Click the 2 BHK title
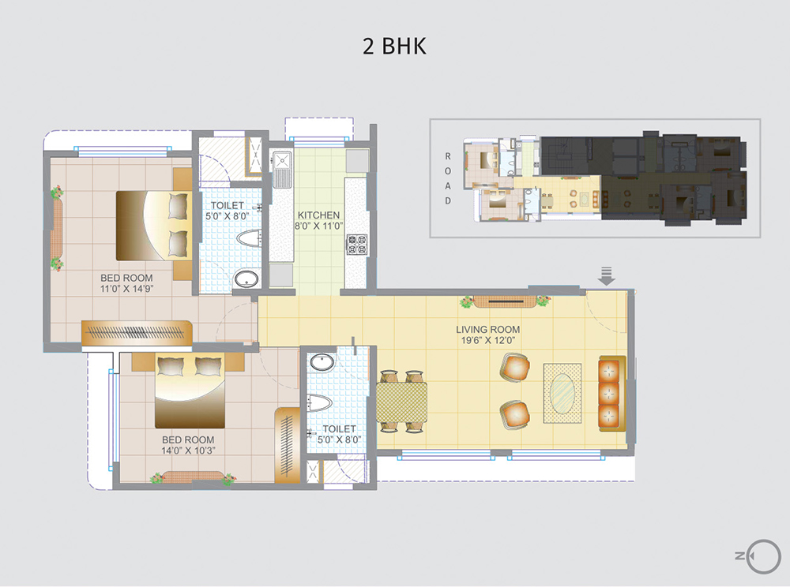click(x=394, y=46)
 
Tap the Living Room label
click(x=487, y=329)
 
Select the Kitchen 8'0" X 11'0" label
click(x=318, y=220)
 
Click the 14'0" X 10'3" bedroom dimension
click(x=188, y=451)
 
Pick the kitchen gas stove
click(x=355, y=244)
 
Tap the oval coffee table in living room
click(x=562, y=392)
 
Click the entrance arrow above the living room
click(x=607, y=276)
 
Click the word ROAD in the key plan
click(x=447, y=178)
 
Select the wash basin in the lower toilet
click(x=322, y=363)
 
